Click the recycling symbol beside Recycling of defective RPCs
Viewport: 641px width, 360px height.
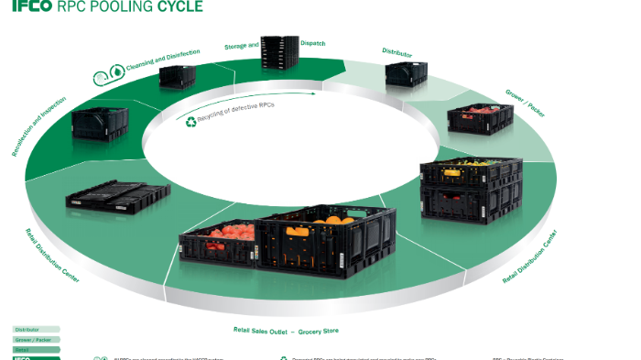(x=191, y=121)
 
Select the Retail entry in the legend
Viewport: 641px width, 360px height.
(x=35, y=349)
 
